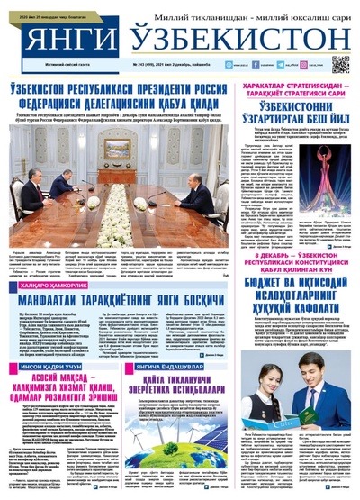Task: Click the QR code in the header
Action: point(340,64)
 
